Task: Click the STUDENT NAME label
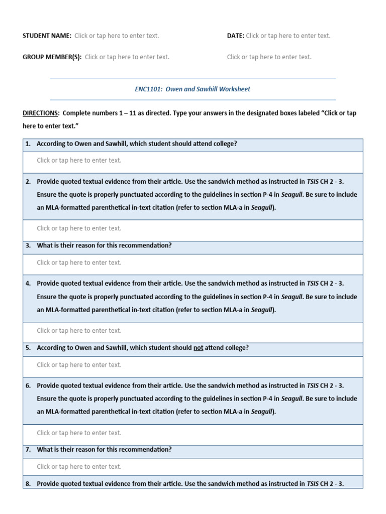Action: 47,36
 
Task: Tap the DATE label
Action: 235,36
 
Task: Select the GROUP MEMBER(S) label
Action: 52,57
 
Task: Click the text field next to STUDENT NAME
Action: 117,36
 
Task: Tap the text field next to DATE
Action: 288,36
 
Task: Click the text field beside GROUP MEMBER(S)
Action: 127,57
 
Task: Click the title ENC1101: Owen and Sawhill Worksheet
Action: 192,89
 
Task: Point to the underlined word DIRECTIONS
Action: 41,113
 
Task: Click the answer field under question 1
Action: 79,161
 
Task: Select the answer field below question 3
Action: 79,263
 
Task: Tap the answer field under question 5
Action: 79,365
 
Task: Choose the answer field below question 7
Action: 79,467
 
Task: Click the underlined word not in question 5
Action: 198,348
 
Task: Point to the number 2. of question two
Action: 28,181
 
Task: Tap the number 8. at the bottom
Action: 28,484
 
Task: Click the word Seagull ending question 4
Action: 263,310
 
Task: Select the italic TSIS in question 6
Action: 313,385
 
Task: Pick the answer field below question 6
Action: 79,433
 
